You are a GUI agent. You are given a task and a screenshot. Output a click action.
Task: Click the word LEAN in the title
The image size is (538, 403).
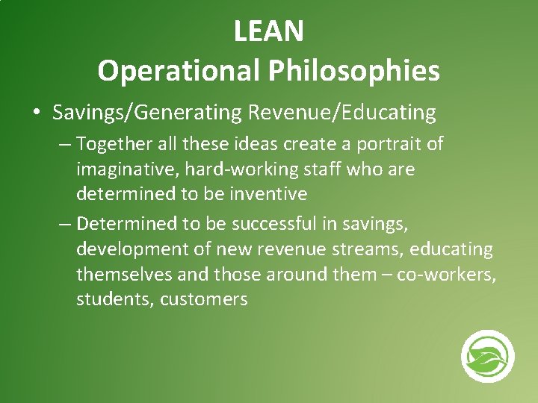268,31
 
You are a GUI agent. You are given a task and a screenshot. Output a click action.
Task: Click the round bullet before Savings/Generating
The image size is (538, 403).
36,113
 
